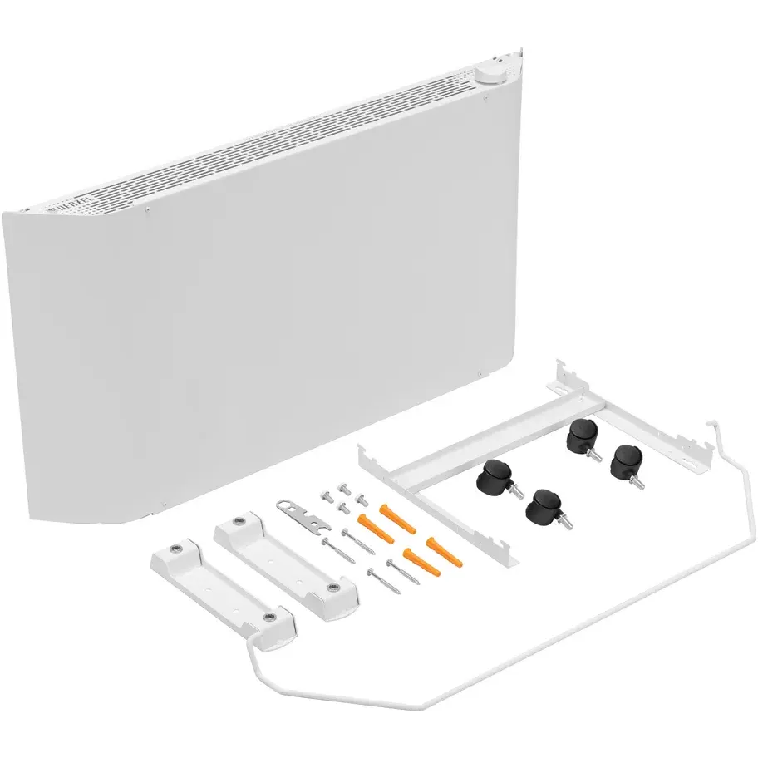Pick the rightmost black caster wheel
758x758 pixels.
pyautogui.click(x=625, y=460)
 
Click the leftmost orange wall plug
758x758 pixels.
pyautogui.click(x=368, y=525)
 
